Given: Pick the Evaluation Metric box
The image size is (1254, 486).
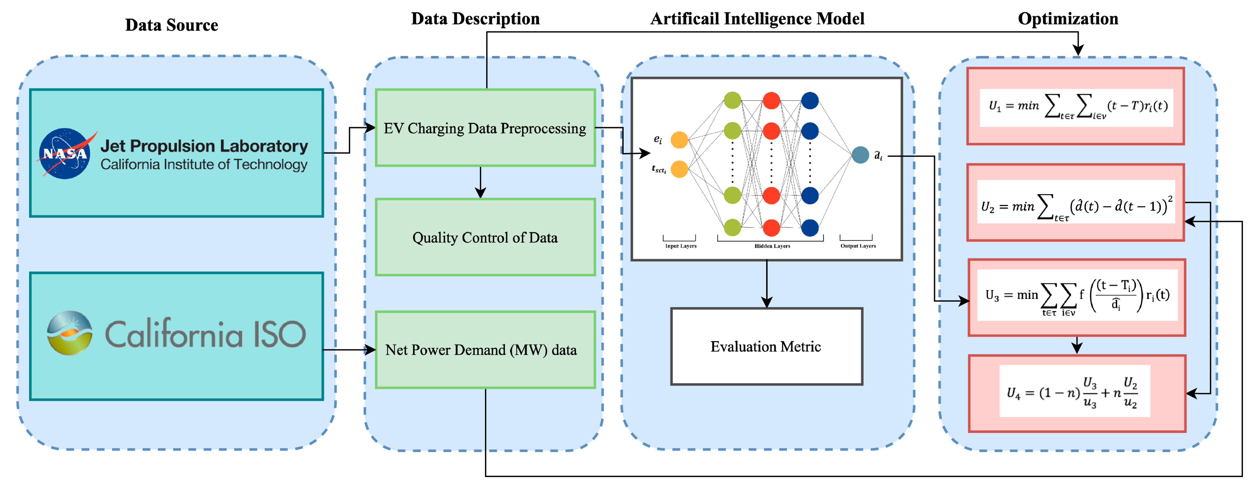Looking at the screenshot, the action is pyautogui.click(x=766, y=346).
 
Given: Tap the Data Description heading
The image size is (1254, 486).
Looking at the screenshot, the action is pyautogui.click(x=475, y=19).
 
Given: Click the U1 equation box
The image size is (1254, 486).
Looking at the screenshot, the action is pyautogui.click(x=1075, y=106).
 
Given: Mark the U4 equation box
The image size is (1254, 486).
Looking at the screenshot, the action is pyautogui.click(x=1077, y=393).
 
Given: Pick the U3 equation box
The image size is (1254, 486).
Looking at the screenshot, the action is pyautogui.click(x=1077, y=297).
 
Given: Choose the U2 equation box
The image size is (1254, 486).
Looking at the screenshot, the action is pyautogui.click(x=1075, y=202).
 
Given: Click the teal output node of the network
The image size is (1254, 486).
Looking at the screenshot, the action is pyautogui.click(x=860, y=155).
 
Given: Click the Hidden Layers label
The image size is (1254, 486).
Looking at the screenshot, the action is pyautogui.click(x=772, y=246).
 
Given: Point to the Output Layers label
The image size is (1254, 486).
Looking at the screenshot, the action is pyautogui.click(x=858, y=246).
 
